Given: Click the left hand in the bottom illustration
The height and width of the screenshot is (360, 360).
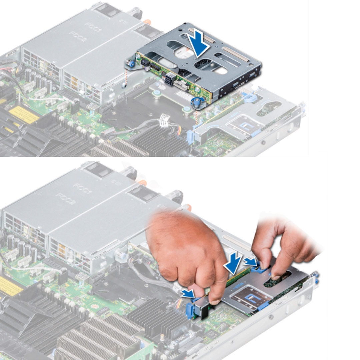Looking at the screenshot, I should (187, 253).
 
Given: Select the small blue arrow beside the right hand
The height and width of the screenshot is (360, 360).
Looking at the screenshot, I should (251, 262).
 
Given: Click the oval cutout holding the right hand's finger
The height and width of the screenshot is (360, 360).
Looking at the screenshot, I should (277, 280).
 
